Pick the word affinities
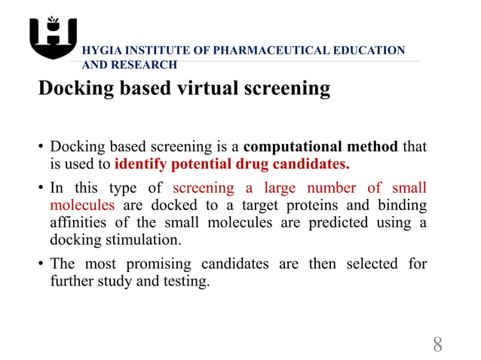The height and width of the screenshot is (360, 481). click(x=79, y=222)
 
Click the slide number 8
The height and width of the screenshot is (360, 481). click(x=437, y=346)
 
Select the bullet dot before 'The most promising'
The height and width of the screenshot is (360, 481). click(x=41, y=264)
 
